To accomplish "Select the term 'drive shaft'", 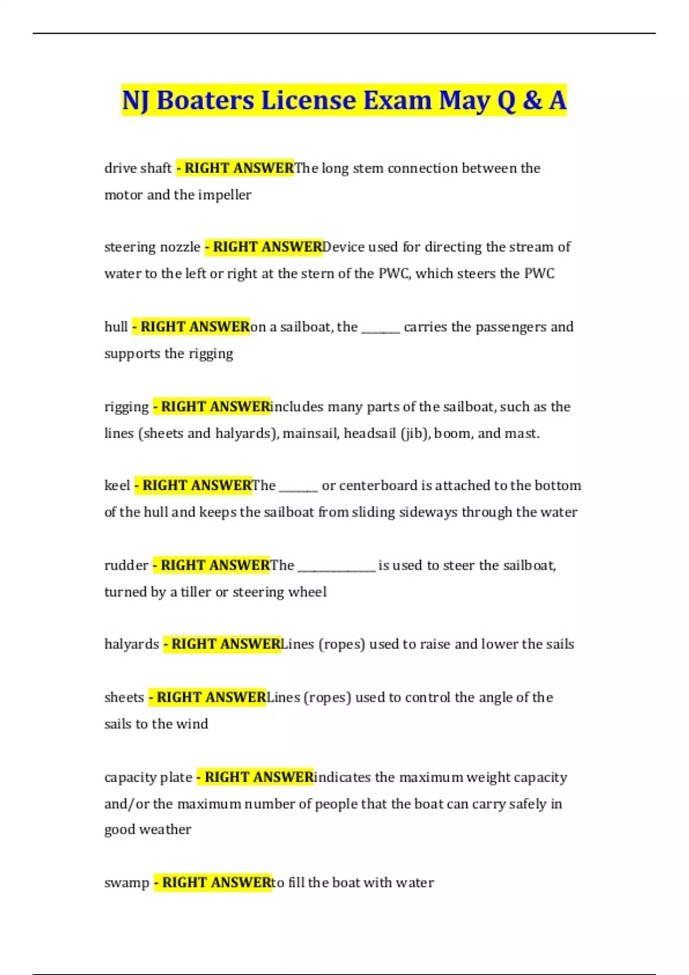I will pyautogui.click(x=138, y=168).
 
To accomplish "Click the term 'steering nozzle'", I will pyautogui.click(x=152, y=247).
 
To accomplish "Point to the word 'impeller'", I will pyautogui.click(x=224, y=195).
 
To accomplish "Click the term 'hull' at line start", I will pyautogui.click(x=116, y=327).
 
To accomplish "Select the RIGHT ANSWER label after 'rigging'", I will pyautogui.click(x=211, y=407).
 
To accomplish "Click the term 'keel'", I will pyautogui.click(x=117, y=486).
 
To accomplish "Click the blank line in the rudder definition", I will pyautogui.click(x=336, y=570).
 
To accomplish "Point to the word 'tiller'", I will pyautogui.click(x=196, y=592).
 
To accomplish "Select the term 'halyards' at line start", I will pyautogui.click(x=131, y=644).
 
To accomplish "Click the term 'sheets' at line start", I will pyautogui.click(x=124, y=697).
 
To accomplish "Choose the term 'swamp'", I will pyautogui.click(x=127, y=883).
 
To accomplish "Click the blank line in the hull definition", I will pyautogui.click(x=380, y=331).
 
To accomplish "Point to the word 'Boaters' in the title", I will pyautogui.click(x=205, y=100).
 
